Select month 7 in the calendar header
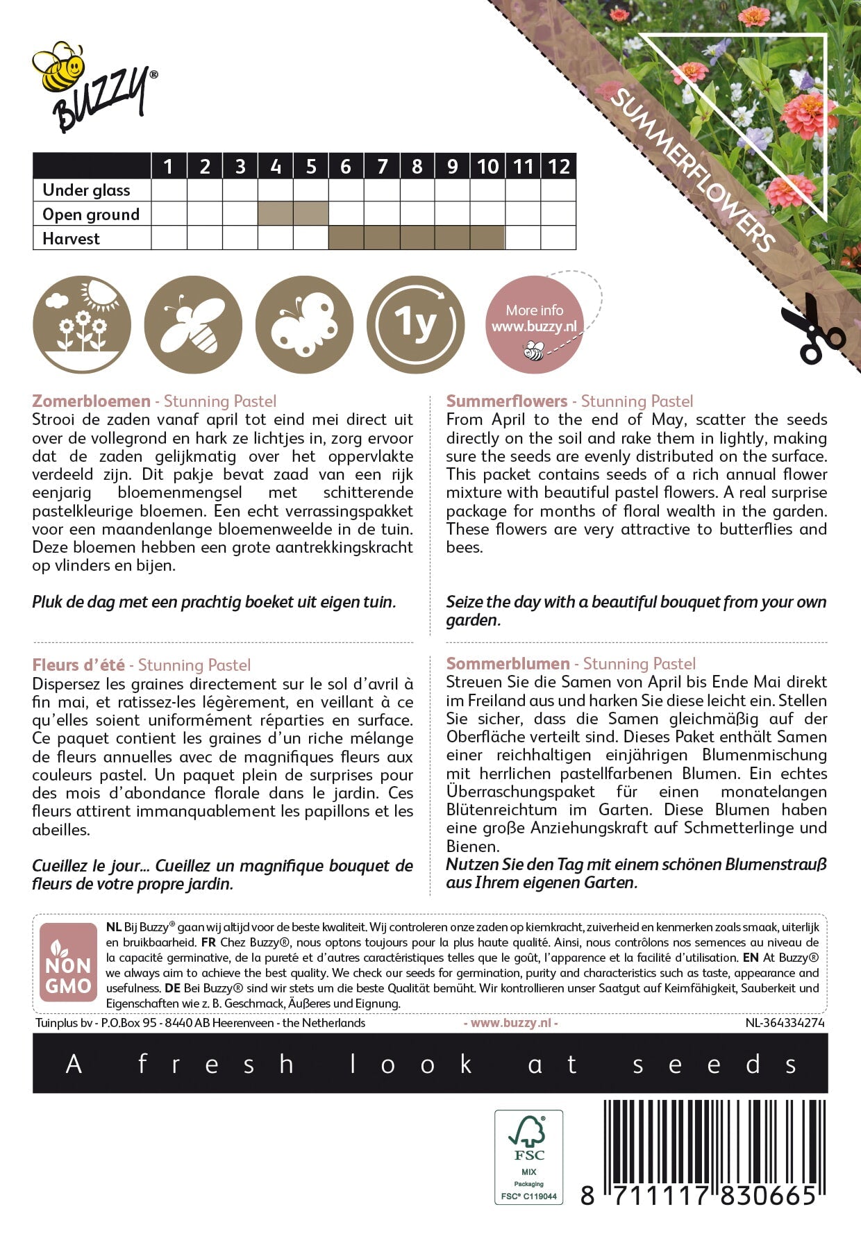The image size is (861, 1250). [x=382, y=167]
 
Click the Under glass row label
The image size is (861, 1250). [x=86, y=190]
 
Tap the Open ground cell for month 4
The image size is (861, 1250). [x=276, y=214]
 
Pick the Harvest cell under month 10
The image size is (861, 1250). [x=487, y=238]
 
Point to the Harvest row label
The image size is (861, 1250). [x=71, y=239]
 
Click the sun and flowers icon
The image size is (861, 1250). [x=82, y=325]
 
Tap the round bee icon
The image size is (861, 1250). [x=193, y=325]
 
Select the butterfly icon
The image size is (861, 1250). [x=304, y=325]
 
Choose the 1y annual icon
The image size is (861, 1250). [x=415, y=325]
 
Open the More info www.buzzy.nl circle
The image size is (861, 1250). [x=534, y=325]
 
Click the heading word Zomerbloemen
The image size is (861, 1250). [x=91, y=401]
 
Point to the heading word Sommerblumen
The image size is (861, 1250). [x=508, y=664]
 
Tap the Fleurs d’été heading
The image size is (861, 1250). [x=78, y=665]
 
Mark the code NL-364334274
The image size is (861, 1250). [x=785, y=1023]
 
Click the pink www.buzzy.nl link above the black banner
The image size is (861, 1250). [x=510, y=1023]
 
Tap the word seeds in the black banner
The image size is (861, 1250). [x=714, y=1064]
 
